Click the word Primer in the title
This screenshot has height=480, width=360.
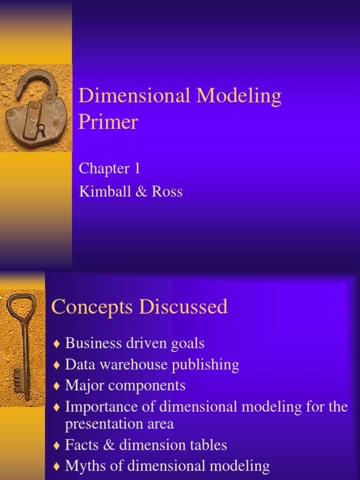tap(108, 123)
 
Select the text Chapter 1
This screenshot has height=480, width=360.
tap(109, 168)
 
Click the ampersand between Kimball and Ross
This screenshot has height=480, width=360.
tap(139, 192)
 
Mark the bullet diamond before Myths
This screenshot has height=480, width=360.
tap(57, 466)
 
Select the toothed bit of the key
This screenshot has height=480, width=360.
tap(19, 378)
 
